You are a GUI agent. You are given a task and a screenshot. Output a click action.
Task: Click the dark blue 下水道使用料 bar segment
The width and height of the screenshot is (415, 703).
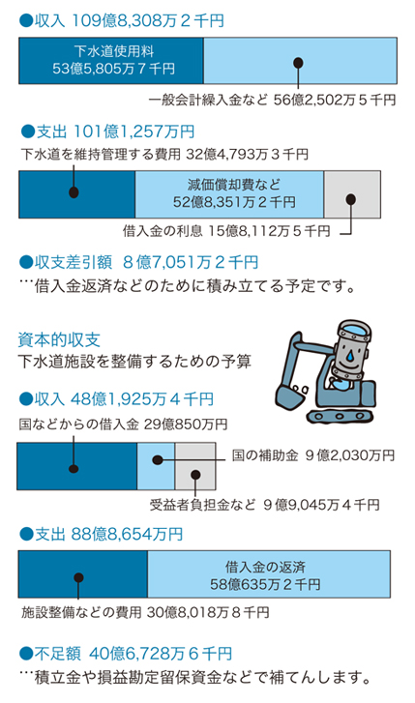click(x=111, y=61)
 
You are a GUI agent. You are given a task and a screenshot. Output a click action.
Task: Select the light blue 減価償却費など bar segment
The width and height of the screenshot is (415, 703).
click(x=229, y=194)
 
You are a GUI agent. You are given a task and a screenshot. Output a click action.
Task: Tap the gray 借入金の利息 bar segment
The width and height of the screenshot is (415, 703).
click(x=352, y=194)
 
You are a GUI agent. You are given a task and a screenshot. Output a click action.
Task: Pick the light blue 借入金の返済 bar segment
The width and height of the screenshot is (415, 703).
click(x=269, y=574)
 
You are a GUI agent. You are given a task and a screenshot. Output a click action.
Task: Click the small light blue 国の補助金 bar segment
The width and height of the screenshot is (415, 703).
click(x=156, y=466)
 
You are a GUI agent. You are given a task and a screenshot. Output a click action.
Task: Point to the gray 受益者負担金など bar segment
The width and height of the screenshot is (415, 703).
click(x=195, y=466)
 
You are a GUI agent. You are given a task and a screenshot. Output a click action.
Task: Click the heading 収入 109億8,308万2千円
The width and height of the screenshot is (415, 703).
click(x=122, y=21)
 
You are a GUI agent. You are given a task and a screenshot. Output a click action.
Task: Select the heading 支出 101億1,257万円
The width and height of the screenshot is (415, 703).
click(x=107, y=132)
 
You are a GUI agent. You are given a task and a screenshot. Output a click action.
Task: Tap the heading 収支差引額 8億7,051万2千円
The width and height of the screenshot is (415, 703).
click(x=138, y=262)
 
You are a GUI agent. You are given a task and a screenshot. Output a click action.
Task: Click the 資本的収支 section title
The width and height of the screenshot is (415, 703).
click(x=59, y=339)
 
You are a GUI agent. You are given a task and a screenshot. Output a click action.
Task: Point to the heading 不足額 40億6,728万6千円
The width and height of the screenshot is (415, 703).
click(x=126, y=654)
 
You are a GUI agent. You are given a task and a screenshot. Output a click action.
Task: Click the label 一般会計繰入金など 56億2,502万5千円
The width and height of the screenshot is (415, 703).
click(x=272, y=100)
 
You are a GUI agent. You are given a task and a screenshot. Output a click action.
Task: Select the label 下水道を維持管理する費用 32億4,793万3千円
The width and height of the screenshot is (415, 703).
click(x=164, y=155)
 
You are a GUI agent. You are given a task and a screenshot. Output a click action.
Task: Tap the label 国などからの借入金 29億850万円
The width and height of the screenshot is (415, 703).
click(x=123, y=425)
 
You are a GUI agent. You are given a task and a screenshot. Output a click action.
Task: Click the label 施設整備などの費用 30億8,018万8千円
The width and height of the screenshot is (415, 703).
click(x=145, y=612)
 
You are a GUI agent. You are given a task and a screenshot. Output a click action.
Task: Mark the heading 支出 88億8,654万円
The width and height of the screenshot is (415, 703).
click(x=102, y=534)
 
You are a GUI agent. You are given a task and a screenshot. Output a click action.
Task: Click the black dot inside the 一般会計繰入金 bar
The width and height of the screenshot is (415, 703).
click(x=298, y=62)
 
